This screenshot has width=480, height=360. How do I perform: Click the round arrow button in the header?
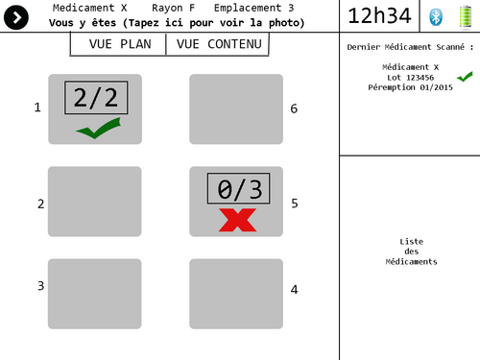(17, 16)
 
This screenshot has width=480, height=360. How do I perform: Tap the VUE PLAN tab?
(118, 45)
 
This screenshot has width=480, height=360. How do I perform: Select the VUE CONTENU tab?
(218, 45)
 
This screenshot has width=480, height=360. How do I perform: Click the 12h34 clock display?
(379, 16)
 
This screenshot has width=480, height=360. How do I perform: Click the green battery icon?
(466, 15)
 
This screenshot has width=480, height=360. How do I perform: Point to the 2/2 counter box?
(95, 98)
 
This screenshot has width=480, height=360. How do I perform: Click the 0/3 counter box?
(239, 189)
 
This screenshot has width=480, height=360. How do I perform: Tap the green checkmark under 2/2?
(98, 128)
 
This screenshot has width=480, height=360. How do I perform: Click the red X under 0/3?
(237, 219)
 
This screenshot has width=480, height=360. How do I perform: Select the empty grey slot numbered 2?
(95, 202)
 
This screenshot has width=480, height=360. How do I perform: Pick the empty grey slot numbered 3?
(95, 294)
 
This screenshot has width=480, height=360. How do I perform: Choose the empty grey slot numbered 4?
(236, 294)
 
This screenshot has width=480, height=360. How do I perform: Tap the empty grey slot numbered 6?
(236, 109)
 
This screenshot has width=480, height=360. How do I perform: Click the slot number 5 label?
(295, 204)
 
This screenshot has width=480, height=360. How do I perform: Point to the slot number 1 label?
(38, 108)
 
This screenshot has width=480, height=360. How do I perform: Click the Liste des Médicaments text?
(411, 252)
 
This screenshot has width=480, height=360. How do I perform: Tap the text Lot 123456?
(410, 77)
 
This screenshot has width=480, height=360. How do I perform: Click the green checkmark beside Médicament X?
(465, 76)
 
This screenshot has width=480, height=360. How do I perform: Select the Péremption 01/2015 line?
(410, 87)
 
